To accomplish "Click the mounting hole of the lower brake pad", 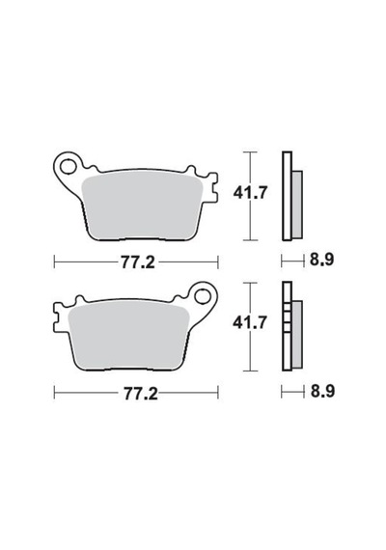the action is (x=204, y=297).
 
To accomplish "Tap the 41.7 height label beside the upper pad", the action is (x=251, y=193).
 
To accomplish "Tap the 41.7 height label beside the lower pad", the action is (x=250, y=322).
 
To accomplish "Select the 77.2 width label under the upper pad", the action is (x=138, y=262).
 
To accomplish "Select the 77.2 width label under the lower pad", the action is (x=140, y=394).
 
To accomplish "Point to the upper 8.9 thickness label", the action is (x=321, y=260).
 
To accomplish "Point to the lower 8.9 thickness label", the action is (x=322, y=391).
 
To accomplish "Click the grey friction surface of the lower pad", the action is (x=130, y=337).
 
